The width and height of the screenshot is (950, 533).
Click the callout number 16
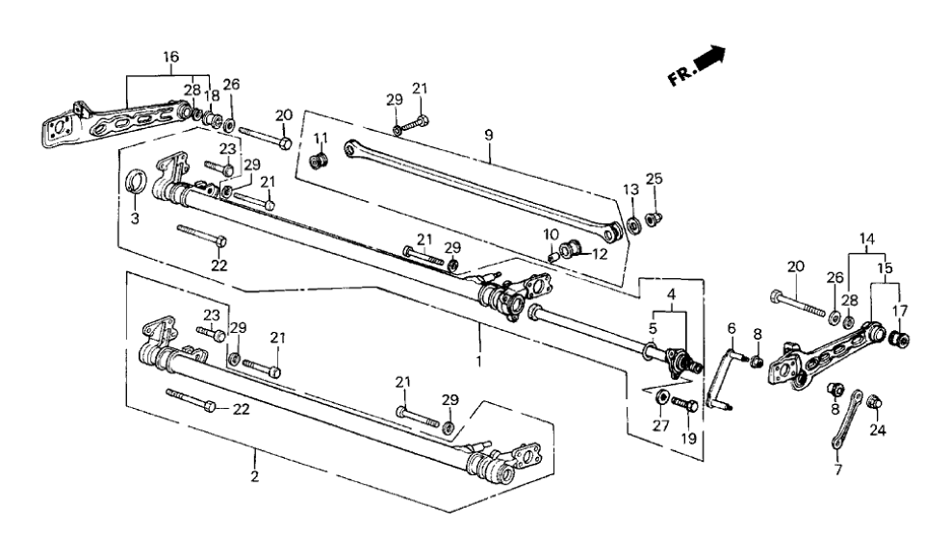(x=170, y=59)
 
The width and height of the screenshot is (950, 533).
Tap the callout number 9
(x=489, y=136)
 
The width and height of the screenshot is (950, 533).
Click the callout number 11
(x=321, y=138)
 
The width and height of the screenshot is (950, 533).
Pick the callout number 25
(x=655, y=179)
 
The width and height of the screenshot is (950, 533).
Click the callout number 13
(x=631, y=189)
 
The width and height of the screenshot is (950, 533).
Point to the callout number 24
(x=878, y=430)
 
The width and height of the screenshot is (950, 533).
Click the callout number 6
(x=732, y=328)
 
